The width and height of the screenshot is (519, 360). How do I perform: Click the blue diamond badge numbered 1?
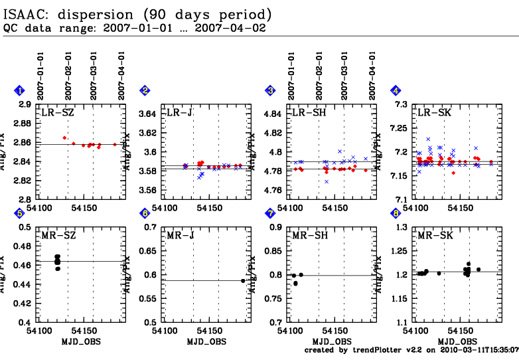coord(20,91)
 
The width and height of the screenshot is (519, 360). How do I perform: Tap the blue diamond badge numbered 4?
coord(396,91)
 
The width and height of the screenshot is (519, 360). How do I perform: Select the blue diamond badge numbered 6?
coord(145,213)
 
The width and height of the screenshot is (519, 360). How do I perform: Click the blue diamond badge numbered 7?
coord(270,213)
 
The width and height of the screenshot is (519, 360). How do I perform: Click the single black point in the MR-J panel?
coord(243,281)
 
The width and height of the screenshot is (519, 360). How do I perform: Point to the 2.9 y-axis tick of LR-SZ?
coord(24,105)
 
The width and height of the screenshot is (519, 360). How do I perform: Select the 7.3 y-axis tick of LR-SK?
coord(401,105)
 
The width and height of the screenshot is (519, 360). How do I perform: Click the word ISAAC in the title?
coord(26,14)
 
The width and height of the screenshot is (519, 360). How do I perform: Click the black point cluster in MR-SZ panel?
coord(58,262)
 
